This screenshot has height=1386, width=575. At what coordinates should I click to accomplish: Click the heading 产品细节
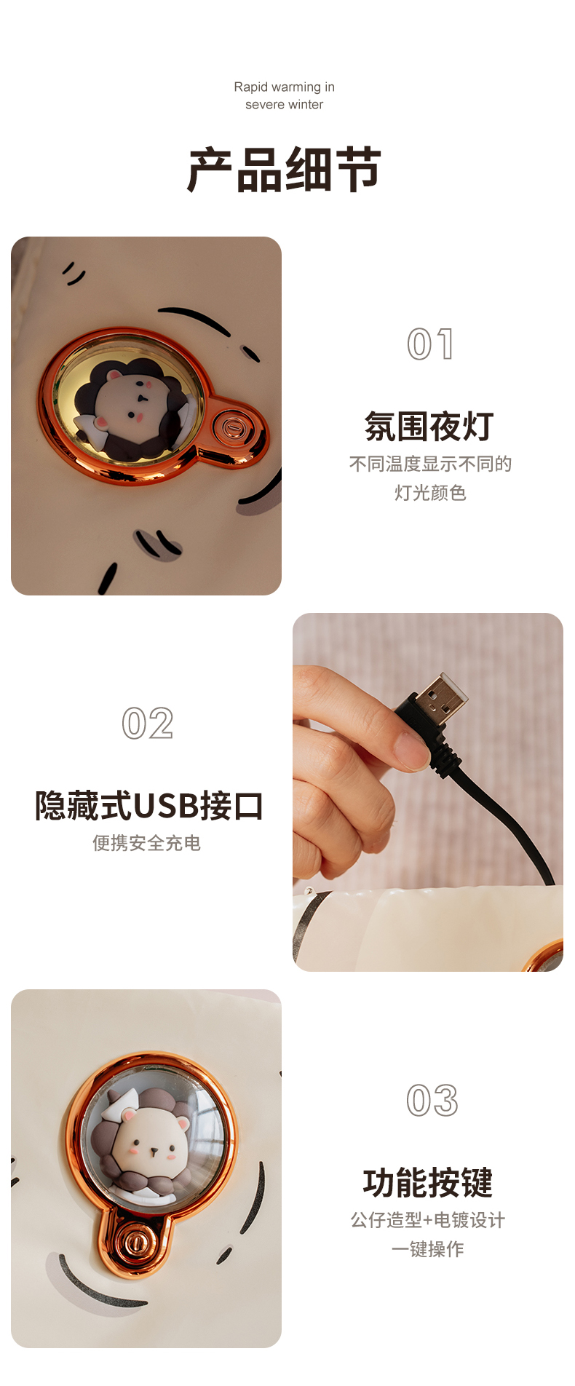285,170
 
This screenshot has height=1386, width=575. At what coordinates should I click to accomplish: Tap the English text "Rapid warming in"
285,87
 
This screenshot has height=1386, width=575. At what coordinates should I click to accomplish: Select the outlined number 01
431,344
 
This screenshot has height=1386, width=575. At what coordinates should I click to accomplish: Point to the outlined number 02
148,723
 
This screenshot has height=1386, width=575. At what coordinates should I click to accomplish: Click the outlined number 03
432,1100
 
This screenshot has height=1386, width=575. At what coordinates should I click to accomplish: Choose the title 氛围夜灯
429,427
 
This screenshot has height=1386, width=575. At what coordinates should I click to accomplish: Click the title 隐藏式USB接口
149,806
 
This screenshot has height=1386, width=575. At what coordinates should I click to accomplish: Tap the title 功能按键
428,1183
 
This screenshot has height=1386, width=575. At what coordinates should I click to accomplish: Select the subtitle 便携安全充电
146,843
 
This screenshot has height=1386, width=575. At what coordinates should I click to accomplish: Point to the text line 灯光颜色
430,493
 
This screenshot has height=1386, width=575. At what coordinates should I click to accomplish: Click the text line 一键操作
428,1249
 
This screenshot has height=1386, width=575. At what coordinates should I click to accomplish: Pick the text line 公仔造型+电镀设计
428,1220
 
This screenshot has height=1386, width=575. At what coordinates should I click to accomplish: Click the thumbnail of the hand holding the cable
428,792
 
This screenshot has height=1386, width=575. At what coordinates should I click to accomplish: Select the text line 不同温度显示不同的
430,464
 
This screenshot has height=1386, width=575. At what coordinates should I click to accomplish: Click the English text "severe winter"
285,104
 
